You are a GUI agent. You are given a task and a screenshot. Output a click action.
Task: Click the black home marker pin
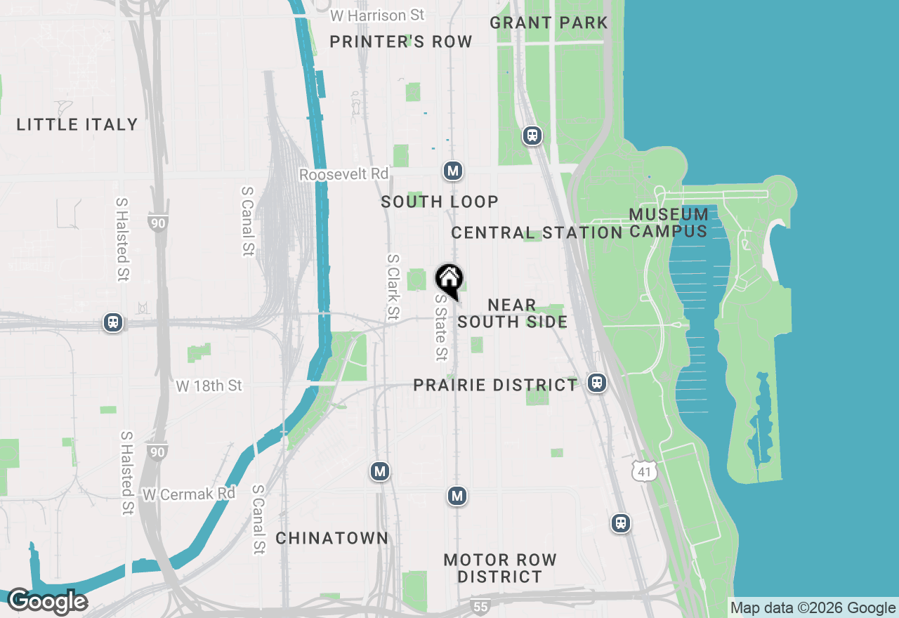click(449, 281)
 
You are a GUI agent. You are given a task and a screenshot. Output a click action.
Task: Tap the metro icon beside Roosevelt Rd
click(453, 171)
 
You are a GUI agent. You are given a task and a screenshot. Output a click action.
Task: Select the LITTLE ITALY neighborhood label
click(77, 125)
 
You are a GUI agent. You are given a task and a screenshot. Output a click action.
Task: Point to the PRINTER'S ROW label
click(401, 42)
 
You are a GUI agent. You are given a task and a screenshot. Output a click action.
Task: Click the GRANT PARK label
click(549, 22)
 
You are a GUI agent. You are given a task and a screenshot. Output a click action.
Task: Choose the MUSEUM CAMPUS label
click(668, 223)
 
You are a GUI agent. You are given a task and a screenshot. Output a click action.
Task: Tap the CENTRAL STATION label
click(537, 232)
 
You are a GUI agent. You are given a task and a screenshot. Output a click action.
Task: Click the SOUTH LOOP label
click(440, 202)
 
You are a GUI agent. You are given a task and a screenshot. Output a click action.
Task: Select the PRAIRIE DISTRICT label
click(495, 385)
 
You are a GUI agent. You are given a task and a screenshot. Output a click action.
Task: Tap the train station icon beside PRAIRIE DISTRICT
click(597, 383)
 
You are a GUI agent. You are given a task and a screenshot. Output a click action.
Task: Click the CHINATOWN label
click(332, 539)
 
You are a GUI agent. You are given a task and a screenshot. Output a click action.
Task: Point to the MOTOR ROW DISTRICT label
click(500, 568)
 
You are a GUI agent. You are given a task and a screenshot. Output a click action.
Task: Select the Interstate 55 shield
click(480, 606)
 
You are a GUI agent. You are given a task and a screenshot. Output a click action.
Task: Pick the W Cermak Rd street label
click(189, 494)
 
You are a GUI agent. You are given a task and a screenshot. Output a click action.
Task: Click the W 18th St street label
click(209, 386)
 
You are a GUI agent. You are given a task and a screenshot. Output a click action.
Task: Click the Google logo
click(47, 602)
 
